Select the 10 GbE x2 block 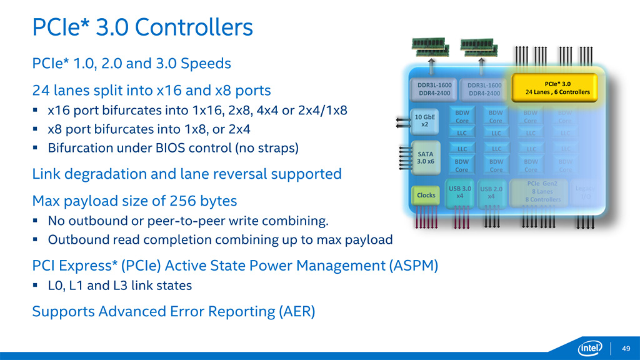[425, 119]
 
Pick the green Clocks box [426, 196]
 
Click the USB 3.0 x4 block [459, 192]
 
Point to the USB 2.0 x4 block [491, 192]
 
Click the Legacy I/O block [586, 192]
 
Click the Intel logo [590, 347]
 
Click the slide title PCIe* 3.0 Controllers [142, 27]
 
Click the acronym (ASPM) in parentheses [414, 266]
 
